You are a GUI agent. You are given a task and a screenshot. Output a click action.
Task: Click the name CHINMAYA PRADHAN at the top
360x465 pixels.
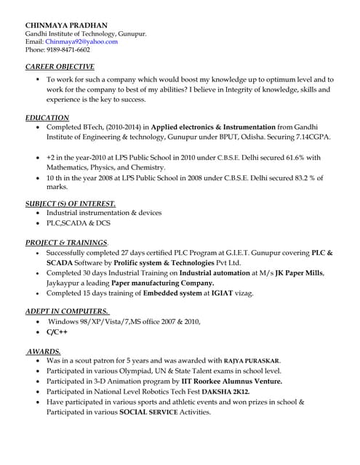[66, 25]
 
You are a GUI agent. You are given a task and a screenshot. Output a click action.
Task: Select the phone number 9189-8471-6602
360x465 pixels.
[68, 49]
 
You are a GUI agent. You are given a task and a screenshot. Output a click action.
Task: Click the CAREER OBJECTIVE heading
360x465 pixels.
[60, 66]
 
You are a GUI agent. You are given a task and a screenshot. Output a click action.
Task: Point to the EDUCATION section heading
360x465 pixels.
[47, 117]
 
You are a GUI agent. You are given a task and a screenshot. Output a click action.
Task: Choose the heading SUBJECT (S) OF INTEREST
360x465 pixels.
[70, 203]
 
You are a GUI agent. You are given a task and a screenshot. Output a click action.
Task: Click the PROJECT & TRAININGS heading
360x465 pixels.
[67, 242]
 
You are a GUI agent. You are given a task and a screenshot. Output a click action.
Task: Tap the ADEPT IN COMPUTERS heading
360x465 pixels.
[68, 311]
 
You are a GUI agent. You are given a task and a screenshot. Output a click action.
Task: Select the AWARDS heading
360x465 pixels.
[44, 351]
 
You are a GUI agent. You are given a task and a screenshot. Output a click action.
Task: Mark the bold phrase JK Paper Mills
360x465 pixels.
[299, 272]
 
